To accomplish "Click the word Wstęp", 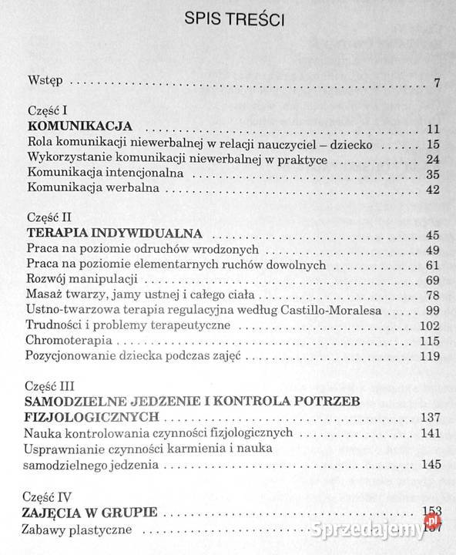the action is pyautogui.click(x=44, y=80).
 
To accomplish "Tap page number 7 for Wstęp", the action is pyautogui.click(x=436, y=82).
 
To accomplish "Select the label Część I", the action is pyautogui.click(x=46, y=112).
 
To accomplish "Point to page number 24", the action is pyautogui.click(x=432, y=160).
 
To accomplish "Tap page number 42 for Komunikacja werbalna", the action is pyautogui.click(x=432, y=190).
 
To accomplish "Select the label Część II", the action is pyautogui.click(x=49, y=218).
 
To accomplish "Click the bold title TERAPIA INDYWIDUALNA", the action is pyautogui.click(x=114, y=233).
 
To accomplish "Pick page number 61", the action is pyautogui.click(x=432, y=265).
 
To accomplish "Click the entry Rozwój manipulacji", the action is pyautogui.click(x=82, y=278).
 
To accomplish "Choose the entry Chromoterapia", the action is pyautogui.click(x=66, y=340).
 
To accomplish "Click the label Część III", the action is pyautogui.click(x=51, y=385).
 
